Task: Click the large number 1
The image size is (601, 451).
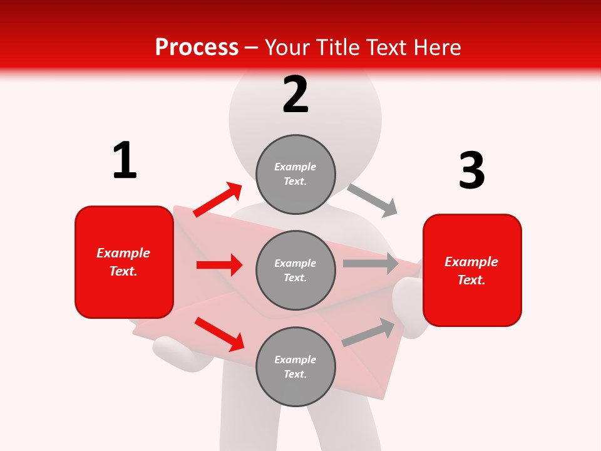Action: [x=125, y=161]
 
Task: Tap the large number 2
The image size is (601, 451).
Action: [x=295, y=95]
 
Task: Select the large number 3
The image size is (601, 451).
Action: [x=471, y=170]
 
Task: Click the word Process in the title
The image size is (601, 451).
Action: [x=197, y=47]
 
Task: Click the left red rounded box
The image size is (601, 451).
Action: [x=124, y=262]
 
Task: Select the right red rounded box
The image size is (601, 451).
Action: [x=472, y=270]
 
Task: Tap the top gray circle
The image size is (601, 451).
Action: [x=295, y=174]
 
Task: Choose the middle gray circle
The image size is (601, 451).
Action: [x=295, y=270]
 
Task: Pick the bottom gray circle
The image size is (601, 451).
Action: [x=295, y=366]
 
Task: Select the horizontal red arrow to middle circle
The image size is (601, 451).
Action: [x=219, y=265]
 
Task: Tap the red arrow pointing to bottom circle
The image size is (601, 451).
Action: [x=219, y=334]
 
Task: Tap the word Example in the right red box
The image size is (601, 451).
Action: [x=471, y=262]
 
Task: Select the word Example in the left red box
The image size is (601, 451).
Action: [x=123, y=253]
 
